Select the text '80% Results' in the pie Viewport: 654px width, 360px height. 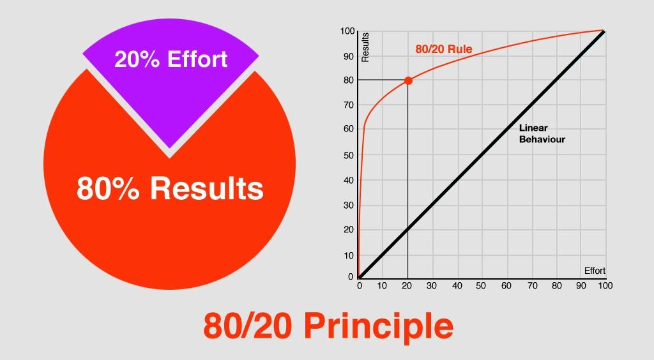click(x=170, y=188)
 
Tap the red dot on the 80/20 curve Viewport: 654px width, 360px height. click(x=408, y=81)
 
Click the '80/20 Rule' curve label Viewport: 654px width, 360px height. click(x=444, y=49)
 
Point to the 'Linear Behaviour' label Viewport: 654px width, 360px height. click(x=542, y=134)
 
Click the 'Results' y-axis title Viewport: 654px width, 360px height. click(x=365, y=47)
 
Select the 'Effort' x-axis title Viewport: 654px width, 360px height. click(x=595, y=271)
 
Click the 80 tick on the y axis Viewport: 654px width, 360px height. click(x=349, y=80)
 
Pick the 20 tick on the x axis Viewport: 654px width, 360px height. click(x=407, y=286)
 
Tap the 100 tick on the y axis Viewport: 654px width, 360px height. click(x=347, y=31)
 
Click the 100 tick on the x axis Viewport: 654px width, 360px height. click(x=605, y=286)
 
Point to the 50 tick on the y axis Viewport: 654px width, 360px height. click(x=349, y=155)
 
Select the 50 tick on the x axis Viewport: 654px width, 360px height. click(x=481, y=286)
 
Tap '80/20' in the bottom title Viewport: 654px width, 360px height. click(x=247, y=326)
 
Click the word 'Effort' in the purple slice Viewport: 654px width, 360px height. click(x=197, y=59)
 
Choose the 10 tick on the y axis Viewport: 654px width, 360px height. click(x=349, y=255)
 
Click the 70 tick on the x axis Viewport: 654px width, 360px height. click(x=533, y=286)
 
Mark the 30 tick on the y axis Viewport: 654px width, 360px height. click(x=349, y=205)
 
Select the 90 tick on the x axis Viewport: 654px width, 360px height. click(x=581, y=286)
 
